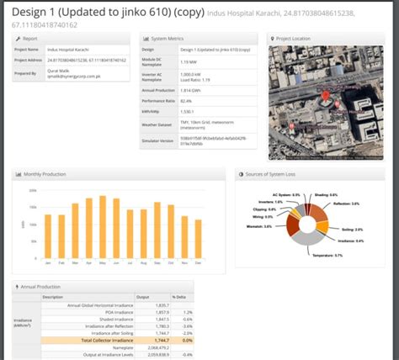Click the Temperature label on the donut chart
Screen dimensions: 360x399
[325, 254]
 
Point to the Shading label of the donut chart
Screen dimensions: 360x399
[326, 195]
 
